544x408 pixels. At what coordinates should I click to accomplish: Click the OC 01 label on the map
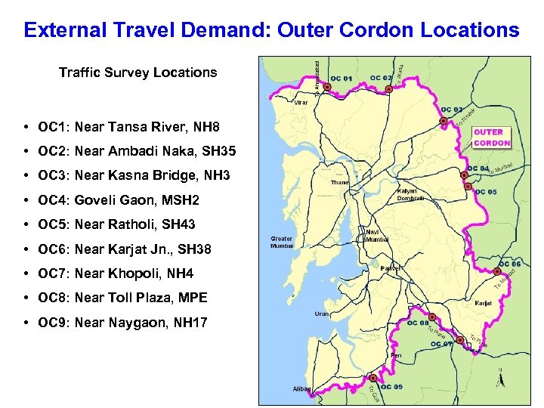coord(342,79)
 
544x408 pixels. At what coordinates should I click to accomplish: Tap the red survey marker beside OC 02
coord(389,89)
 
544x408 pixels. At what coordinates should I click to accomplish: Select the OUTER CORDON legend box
coord(492,138)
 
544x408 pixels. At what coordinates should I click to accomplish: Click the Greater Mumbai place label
coord(282,243)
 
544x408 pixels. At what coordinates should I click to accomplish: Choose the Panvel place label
coord(390,268)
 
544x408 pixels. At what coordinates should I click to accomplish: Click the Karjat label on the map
coord(484,302)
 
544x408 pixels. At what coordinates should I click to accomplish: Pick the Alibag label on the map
coord(301,388)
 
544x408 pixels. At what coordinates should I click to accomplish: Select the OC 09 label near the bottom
coord(391,387)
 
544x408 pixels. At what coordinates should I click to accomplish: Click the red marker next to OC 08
coord(434,317)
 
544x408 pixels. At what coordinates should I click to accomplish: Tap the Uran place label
coord(322,314)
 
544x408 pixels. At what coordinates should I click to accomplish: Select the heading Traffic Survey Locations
coord(138,73)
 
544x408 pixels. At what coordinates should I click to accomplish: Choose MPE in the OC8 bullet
coord(192,298)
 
